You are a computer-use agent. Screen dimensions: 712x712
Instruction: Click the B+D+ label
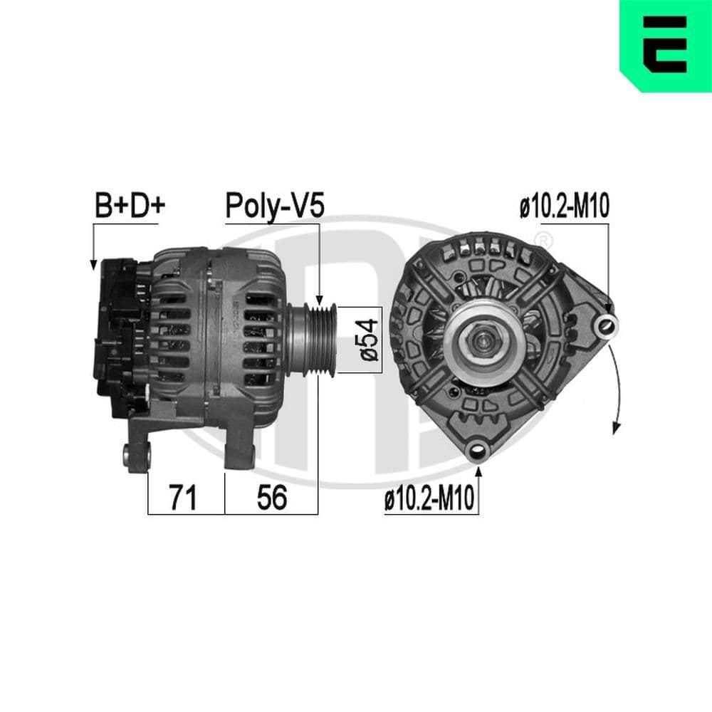point(130,206)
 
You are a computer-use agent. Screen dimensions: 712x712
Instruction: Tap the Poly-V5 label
point(275,206)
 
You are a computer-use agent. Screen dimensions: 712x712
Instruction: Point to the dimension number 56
point(271,498)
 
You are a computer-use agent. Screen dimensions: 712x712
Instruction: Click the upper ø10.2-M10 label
point(564,207)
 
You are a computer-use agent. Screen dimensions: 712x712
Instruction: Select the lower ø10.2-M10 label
point(429,501)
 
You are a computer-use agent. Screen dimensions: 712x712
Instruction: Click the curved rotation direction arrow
point(617,384)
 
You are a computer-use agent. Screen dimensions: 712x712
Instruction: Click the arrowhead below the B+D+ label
point(93,264)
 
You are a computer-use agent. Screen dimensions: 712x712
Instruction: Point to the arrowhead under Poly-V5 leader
point(320,298)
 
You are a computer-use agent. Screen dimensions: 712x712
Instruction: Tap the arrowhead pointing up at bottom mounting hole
point(478,470)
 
